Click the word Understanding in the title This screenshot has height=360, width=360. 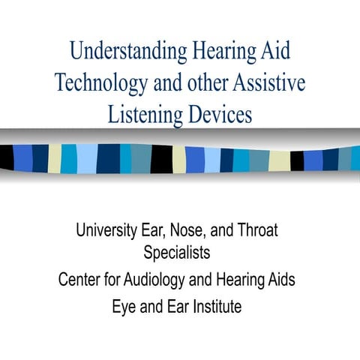click(127, 52)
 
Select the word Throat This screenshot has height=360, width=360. click(256, 229)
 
